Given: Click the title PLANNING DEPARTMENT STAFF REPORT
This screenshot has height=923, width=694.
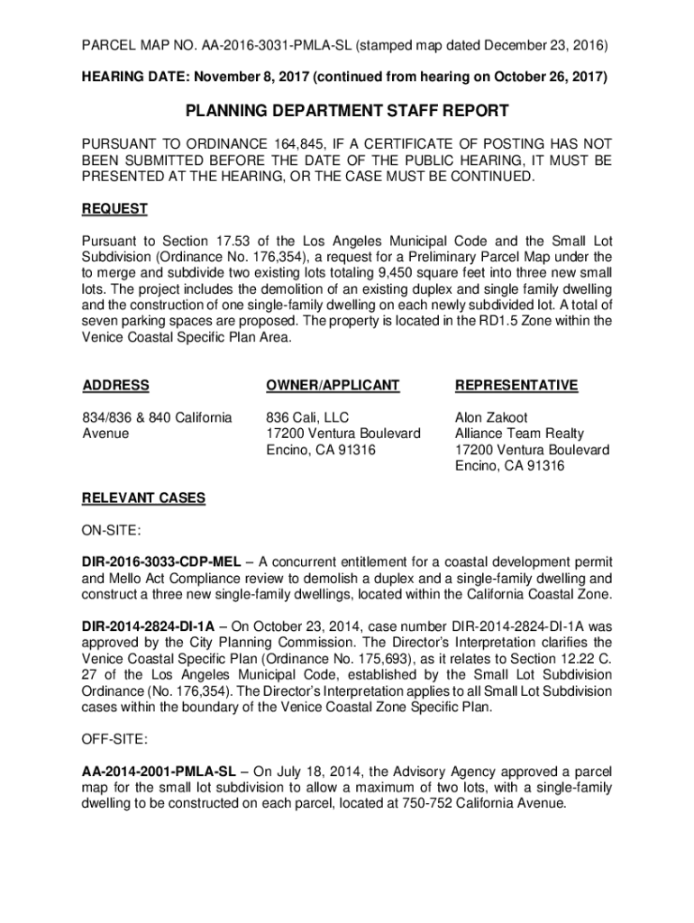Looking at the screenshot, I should [x=347, y=111].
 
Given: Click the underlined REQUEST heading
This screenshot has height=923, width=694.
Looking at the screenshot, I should [x=114, y=208].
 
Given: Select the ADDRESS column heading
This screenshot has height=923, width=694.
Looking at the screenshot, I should [x=116, y=385].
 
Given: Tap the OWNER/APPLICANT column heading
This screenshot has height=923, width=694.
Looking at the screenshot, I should [x=332, y=385].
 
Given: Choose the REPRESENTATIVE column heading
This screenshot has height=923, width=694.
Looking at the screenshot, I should [x=516, y=385].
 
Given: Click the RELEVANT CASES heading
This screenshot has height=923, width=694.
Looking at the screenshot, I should [x=143, y=498].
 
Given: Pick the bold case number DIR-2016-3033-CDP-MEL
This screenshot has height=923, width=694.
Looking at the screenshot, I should [x=161, y=562].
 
